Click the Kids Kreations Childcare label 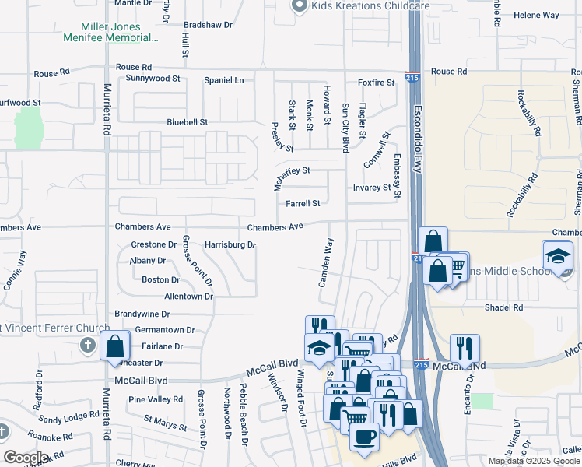click(x=359, y=6)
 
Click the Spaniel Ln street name click(x=223, y=80)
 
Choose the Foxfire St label click(x=377, y=83)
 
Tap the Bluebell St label click(x=188, y=122)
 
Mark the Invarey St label click(x=371, y=188)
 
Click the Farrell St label click(x=303, y=204)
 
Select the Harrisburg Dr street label click(x=230, y=244)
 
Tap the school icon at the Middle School click(x=557, y=256)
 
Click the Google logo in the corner click(x=26, y=458)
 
